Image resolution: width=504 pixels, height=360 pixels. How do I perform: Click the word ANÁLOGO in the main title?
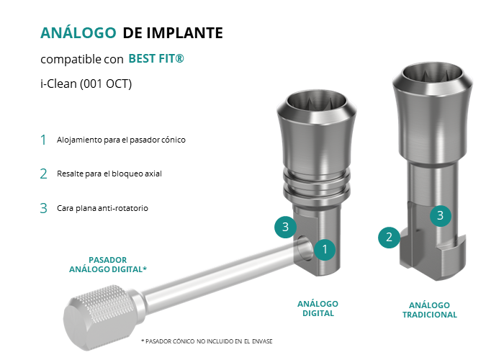pos(78,32)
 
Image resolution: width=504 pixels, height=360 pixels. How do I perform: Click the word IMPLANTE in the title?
pos(184,33)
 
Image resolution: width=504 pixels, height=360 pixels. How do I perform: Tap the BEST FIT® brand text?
pos(156,58)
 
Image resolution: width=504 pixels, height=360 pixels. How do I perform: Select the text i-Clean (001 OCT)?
pos(86,84)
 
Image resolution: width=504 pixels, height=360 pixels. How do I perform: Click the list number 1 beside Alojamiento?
pos(43,140)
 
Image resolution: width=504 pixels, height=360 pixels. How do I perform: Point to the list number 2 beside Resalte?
pos(43,174)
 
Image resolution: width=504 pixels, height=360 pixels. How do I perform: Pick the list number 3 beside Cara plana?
pos(43,208)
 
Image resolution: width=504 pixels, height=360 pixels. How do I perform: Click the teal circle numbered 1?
pos(325,249)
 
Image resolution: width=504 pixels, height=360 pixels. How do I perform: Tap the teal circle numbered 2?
pos(389,237)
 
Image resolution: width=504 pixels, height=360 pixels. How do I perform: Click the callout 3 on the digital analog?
pos(285,227)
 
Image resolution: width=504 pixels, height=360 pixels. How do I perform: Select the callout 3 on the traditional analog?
pos(441,215)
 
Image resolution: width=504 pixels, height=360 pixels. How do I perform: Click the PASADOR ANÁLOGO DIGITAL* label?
pos(108,264)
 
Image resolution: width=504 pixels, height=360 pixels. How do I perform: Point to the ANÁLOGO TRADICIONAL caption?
pos(429,310)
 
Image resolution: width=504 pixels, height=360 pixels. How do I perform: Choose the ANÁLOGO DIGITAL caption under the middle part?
pos(318,309)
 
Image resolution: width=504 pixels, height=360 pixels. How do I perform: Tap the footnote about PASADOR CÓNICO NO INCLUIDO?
pos(207,341)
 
